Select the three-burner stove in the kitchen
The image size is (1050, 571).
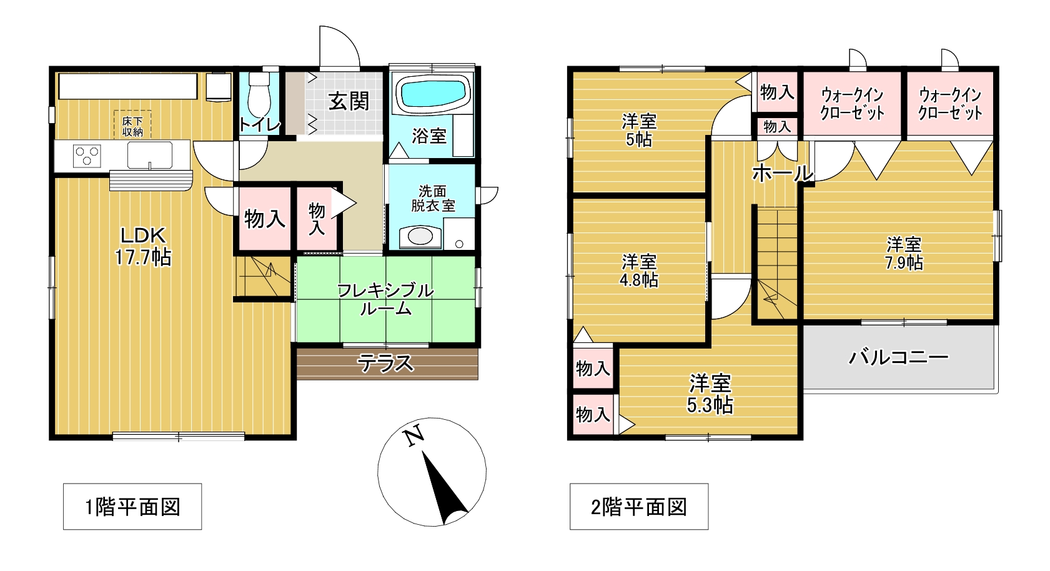coord(87,156)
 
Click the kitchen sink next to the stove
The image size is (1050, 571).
coord(149,155)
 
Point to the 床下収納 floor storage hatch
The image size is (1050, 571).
coord(132,125)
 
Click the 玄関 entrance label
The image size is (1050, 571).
coord(349,102)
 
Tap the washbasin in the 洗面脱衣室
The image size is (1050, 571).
coord(420,237)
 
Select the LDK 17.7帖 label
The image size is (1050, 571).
coord(143,247)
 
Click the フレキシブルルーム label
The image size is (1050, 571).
coord(386,300)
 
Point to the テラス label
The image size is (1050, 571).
coord(386,364)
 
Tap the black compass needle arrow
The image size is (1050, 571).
coord(442,487)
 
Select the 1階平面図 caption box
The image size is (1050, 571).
coord(132,507)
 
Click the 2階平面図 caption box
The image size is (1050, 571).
coord(639,507)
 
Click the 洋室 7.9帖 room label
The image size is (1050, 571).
coord(904,254)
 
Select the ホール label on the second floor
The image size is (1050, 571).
coord(783,174)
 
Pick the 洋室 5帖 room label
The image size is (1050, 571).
coord(639,131)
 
